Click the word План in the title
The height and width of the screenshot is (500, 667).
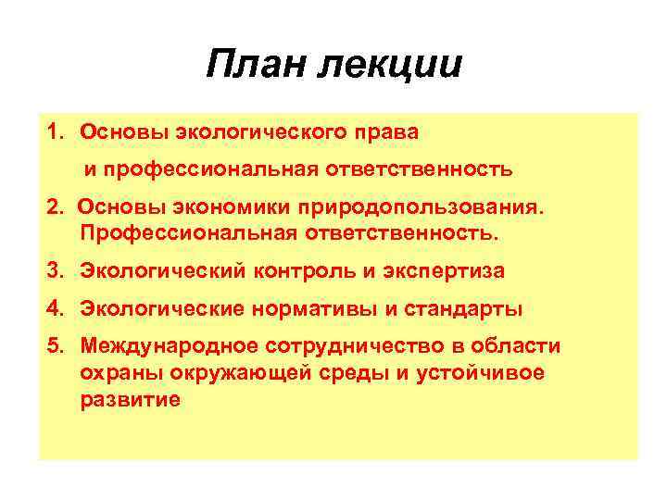pyautogui.click(x=261, y=66)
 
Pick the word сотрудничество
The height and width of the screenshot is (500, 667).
pyautogui.click(x=348, y=345)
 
